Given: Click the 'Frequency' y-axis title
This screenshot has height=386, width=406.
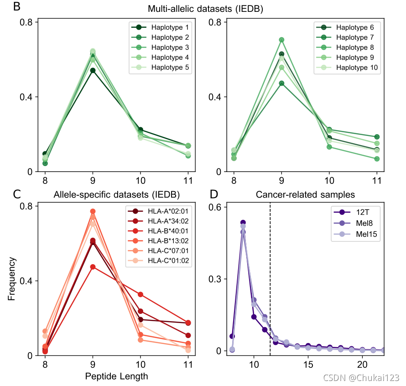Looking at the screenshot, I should [12, 279].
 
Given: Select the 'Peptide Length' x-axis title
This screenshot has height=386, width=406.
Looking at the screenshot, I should [116, 376].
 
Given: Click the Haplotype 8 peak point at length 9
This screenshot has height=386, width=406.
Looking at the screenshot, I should [281, 40].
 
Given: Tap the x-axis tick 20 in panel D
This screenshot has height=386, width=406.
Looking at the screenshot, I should [362, 365].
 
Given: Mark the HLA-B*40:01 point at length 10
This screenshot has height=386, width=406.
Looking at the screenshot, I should [141, 294].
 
